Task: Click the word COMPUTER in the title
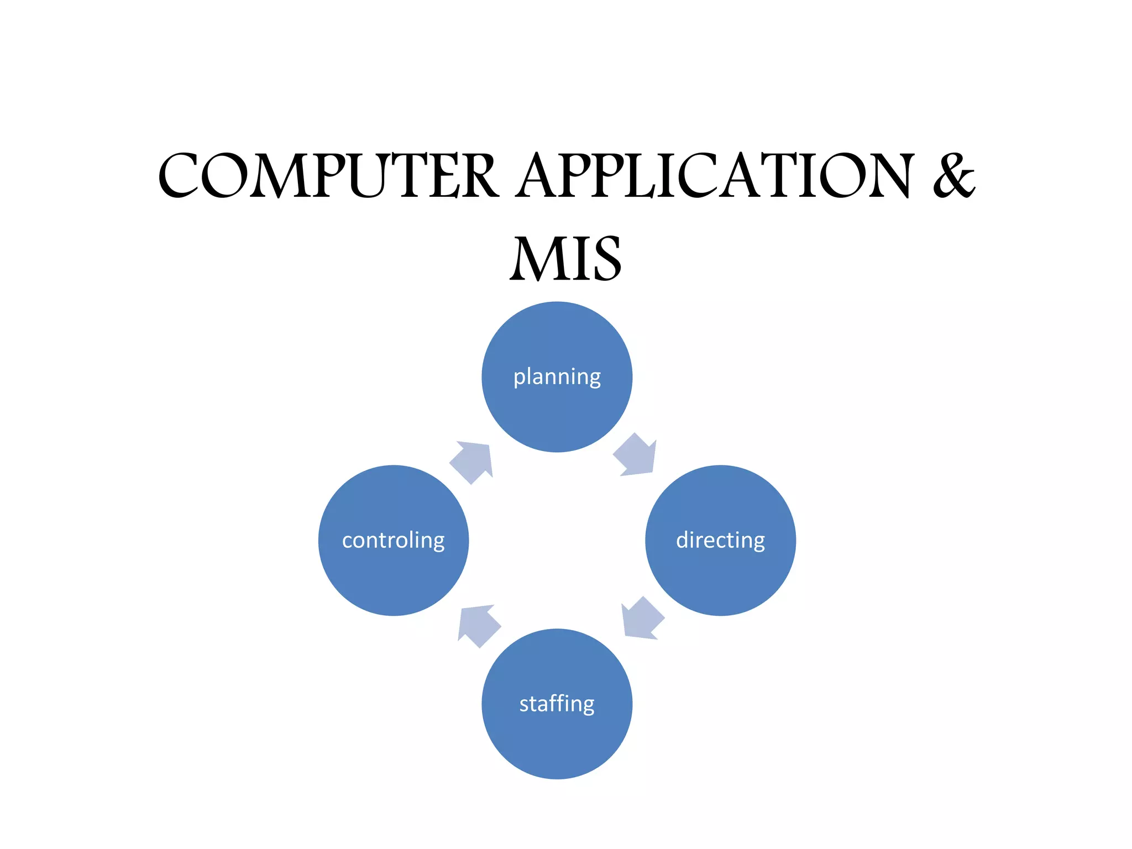tap(328, 176)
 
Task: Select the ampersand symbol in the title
tap(953, 176)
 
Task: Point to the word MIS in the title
tap(565, 259)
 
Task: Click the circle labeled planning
tap(557, 409)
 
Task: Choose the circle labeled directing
tap(720, 575)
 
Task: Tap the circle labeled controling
tap(393, 575)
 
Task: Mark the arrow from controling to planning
tap(473, 461)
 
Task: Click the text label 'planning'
tap(557, 377)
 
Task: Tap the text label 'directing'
tap(720, 540)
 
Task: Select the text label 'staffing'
tap(557, 704)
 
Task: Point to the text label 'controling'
tap(393, 540)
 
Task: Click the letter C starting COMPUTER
tap(180, 176)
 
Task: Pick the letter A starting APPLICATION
tap(539, 176)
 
